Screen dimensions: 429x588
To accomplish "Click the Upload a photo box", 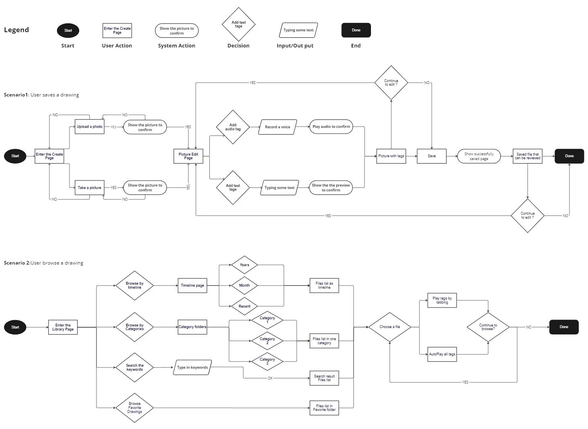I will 89,127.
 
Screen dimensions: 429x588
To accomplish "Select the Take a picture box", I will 89,188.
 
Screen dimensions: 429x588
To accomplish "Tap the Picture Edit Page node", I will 188,156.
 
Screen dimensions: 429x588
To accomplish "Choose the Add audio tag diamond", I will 233,127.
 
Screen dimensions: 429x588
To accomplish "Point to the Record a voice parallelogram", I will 277,127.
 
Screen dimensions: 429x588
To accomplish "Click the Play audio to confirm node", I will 331,127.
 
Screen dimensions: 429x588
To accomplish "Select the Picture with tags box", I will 391,156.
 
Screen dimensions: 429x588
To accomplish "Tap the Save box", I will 431,156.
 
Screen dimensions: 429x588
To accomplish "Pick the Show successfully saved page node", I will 479,156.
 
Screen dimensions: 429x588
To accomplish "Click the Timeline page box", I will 192,285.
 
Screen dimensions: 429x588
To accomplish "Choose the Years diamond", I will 244,265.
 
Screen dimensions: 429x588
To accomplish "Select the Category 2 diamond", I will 267,341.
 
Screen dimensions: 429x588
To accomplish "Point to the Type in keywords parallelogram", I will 192,367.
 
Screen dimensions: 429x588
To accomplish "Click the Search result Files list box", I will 324,378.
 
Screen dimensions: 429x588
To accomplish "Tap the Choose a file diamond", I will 389,327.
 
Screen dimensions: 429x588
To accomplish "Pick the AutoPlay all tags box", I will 442,354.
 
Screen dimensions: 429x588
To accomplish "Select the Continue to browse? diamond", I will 488,327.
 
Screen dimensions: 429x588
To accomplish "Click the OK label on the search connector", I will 270,378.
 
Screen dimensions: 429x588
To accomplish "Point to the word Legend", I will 16,30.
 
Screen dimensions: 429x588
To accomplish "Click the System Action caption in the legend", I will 176,46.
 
